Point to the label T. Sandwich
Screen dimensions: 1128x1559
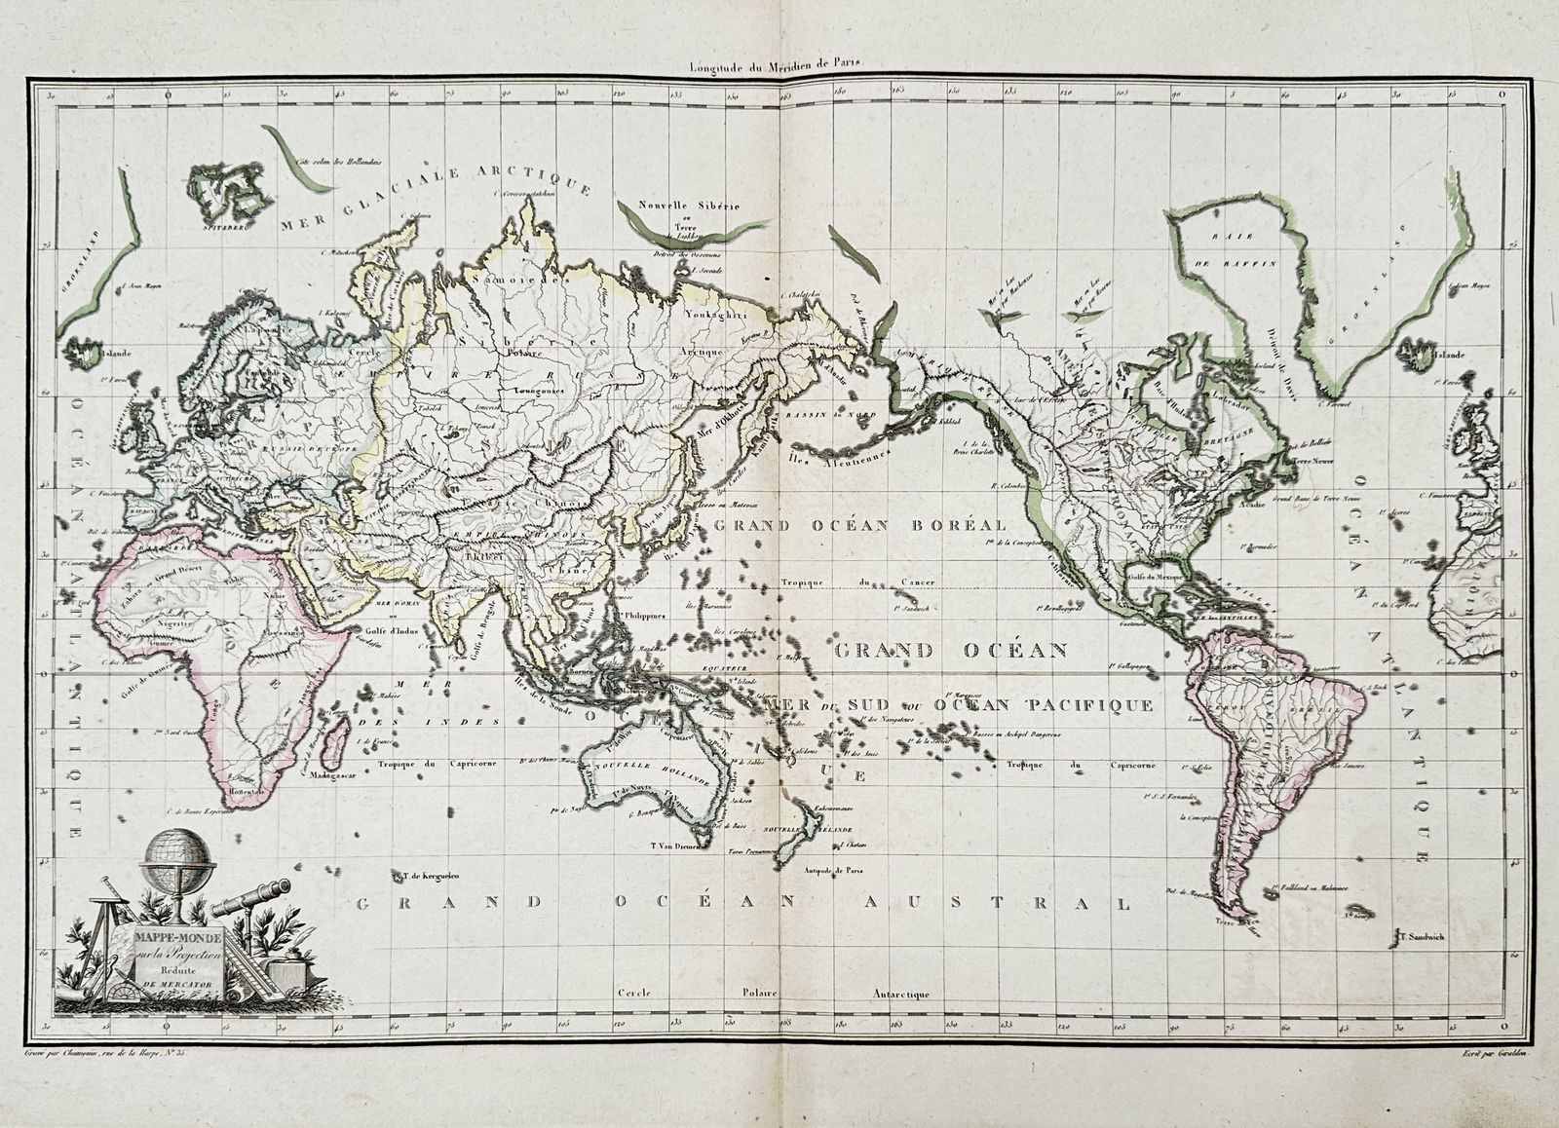[x=1421, y=936]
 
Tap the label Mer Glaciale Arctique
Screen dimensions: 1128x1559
[x=435, y=200]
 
